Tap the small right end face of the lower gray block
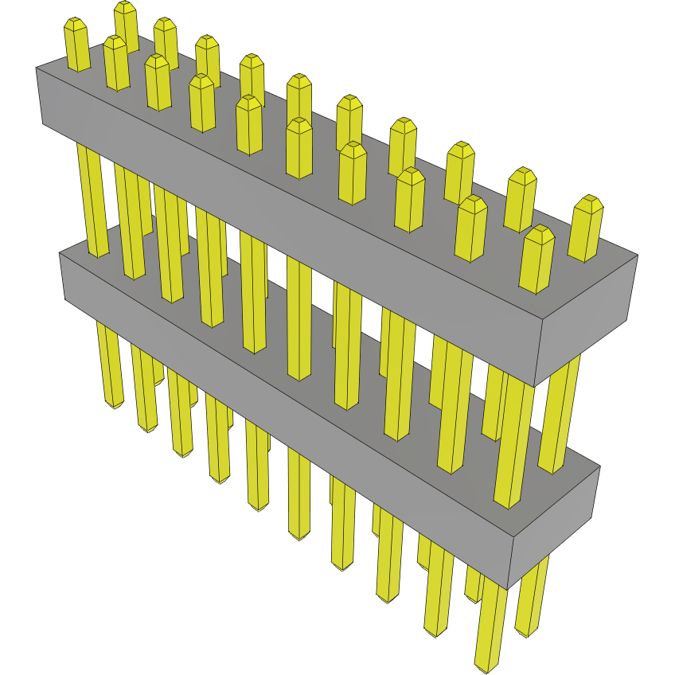click(553, 525)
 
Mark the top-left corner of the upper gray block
click(37, 68)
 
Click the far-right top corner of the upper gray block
click(638, 256)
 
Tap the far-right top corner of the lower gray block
click(599, 466)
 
